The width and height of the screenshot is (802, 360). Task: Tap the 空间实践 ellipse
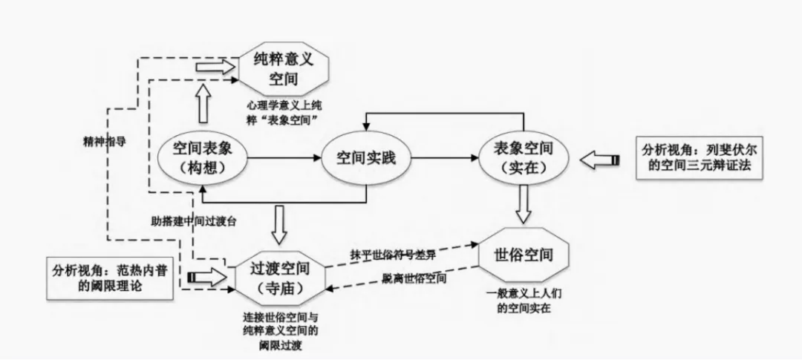(x=365, y=157)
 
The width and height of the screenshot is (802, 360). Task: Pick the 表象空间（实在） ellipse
(x=525, y=157)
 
